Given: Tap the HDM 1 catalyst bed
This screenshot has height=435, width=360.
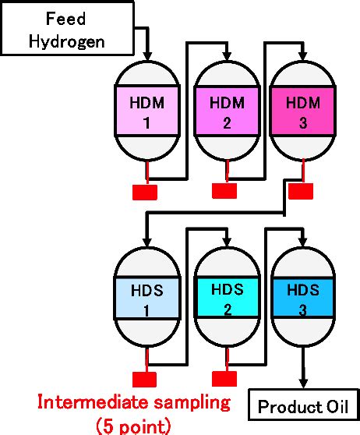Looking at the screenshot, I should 147,111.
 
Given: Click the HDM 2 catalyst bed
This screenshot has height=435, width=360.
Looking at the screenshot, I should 225,111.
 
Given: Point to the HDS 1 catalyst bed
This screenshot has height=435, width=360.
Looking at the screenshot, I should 147,299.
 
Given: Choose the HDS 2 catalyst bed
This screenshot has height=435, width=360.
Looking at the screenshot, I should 225,299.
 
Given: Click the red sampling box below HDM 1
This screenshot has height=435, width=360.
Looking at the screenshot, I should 145,191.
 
